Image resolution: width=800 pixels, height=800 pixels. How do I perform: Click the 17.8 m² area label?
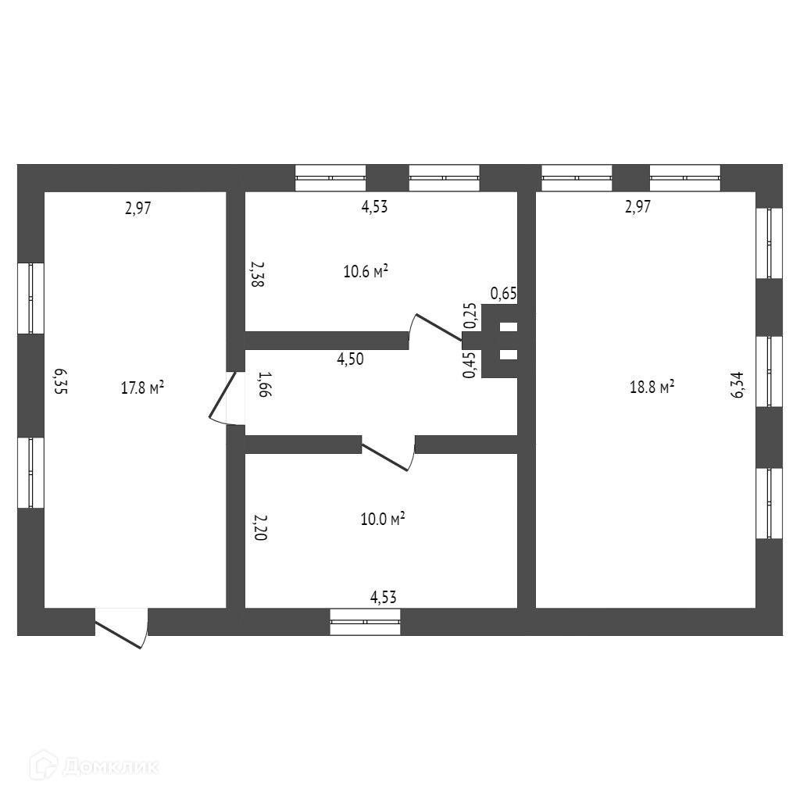click(142, 387)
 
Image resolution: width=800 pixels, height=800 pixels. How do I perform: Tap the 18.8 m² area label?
click(652, 387)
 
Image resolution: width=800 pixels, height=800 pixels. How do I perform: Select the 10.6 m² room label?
click(366, 272)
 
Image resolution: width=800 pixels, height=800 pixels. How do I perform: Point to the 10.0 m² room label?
click(382, 520)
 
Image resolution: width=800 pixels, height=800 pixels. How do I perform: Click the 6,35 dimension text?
click(61, 382)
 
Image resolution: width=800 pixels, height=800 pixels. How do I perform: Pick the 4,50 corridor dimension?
click(350, 359)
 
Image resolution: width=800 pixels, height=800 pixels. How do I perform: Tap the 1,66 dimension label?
click(263, 385)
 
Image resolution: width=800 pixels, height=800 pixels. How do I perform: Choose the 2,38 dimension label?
click(257, 275)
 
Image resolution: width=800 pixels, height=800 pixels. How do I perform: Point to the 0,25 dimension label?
click(470, 315)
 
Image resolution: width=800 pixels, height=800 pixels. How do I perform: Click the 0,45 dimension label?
click(470, 365)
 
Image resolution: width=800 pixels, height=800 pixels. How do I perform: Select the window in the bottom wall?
click(365, 622)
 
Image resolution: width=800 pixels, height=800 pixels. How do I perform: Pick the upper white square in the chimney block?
click(508, 327)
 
